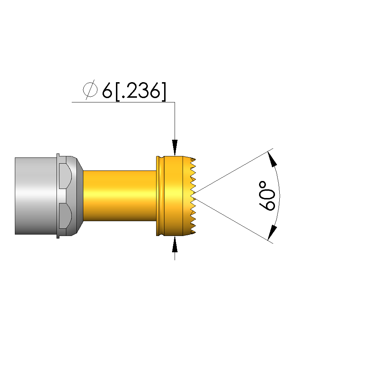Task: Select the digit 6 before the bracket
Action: tap(107, 90)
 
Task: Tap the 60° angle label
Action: tap(267, 196)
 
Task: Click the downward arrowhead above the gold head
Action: tap(175, 148)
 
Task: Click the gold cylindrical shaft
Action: tap(120, 196)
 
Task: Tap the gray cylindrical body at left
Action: tap(36, 196)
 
